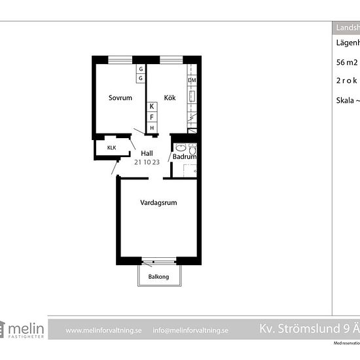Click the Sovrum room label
click(x=120, y=98)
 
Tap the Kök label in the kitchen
click(x=170, y=98)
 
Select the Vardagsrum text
click(x=158, y=203)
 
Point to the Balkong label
click(x=158, y=277)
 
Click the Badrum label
click(x=185, y=157)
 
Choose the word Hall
click(x=147, y=154)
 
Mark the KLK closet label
click(x=112, y=148)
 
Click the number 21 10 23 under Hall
click(x=147, y=162)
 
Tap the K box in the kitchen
click(x=152, y=106)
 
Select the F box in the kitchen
click(x=152, y=117)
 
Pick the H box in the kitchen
click(x=152, y=128)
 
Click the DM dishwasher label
click(x=192, y=81)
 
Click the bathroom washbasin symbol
click(x=181, y=148)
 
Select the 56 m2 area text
click(x=347, y=63)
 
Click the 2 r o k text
click(x=347, y=81)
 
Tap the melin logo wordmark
click(x=26, y=328)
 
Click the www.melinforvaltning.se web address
click(x=103, y=331)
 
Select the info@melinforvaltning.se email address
click(x=190, y=331)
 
